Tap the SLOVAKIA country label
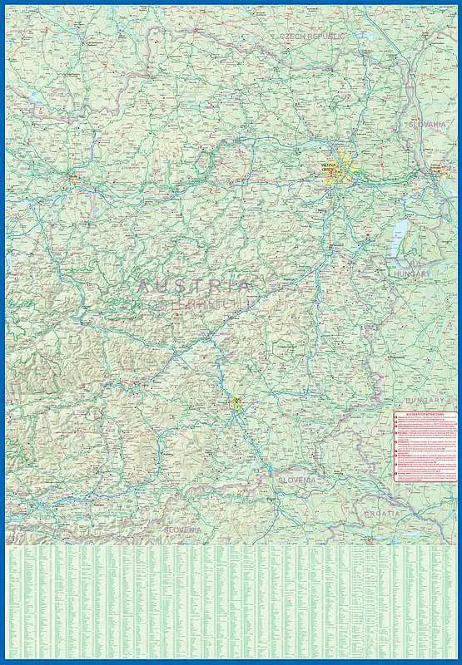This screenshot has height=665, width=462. (x=427, y=124)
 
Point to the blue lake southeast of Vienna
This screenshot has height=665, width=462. (x=400, y=229)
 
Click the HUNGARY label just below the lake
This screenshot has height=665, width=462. (x=412, y=273)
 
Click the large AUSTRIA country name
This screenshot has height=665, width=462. (x=193, y=286)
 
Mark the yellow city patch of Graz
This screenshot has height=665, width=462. (x=237, y=405)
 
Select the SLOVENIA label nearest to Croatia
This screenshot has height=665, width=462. (x=297, y=480)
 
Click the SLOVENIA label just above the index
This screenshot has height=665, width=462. (x=183, y=530)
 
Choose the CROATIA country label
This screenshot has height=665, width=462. (x=382, y=514)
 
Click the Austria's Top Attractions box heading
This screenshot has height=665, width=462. (x=425, y=413)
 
